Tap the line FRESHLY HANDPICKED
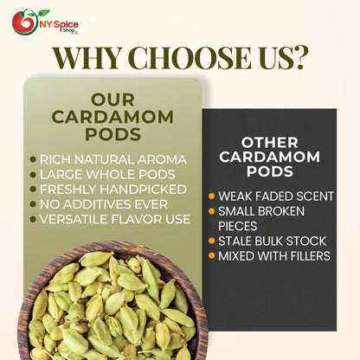pos(112,189)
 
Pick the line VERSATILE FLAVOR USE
pos(115,219)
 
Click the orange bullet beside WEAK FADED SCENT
pos(212,196)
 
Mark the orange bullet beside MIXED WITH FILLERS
pos(212,255)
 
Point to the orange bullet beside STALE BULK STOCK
pos(212,241)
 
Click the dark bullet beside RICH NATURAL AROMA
pos(33,159)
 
